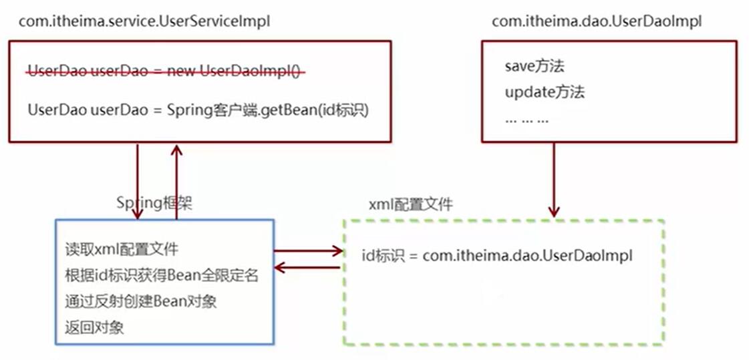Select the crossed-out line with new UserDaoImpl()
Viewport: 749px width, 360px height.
coord(164,72)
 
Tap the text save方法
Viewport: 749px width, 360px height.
coord(535,66)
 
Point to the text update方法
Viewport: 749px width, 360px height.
coord(545,92)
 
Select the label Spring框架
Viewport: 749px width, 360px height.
coord(154,202)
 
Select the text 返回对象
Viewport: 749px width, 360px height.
coord(94,327)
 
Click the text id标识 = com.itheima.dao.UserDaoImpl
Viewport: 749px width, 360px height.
coord(496,256)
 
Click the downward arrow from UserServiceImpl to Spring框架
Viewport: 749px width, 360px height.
coord(137,180)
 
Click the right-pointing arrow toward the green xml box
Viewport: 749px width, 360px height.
coord(307,251)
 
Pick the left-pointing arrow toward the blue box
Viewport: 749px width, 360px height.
coord(307,268)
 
